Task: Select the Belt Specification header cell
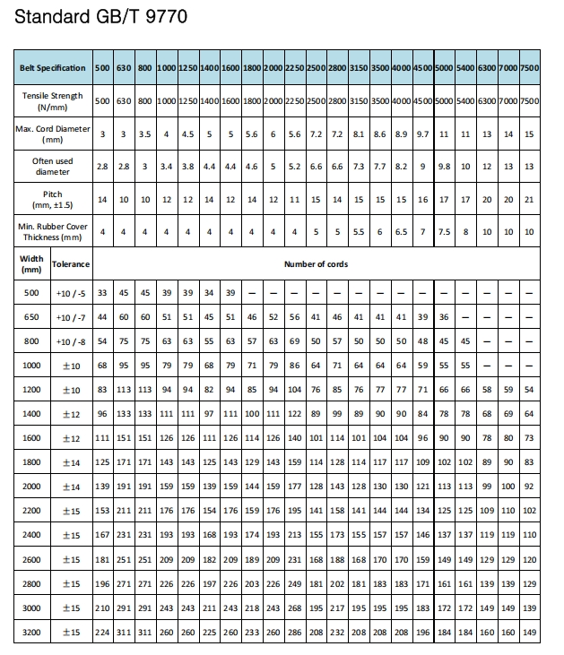tap(53, 68)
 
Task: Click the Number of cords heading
tap(316, 264)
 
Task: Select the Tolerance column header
tap(71, 264)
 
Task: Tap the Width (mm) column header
tap(31, 263)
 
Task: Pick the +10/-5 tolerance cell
tap(71, 293)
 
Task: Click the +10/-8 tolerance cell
tap(71, 341)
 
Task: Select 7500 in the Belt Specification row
tap(529, 68)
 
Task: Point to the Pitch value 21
tap(529, 199)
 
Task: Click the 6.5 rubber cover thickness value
tap(401, 232)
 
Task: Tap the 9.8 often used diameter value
tap(444, 167)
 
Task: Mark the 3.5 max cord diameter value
tap(144, 134)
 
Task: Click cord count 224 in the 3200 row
tap(102, 632)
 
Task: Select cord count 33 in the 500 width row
tap(102, 293)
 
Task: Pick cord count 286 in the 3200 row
tap(294, 632)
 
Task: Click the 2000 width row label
tap(31, 487)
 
